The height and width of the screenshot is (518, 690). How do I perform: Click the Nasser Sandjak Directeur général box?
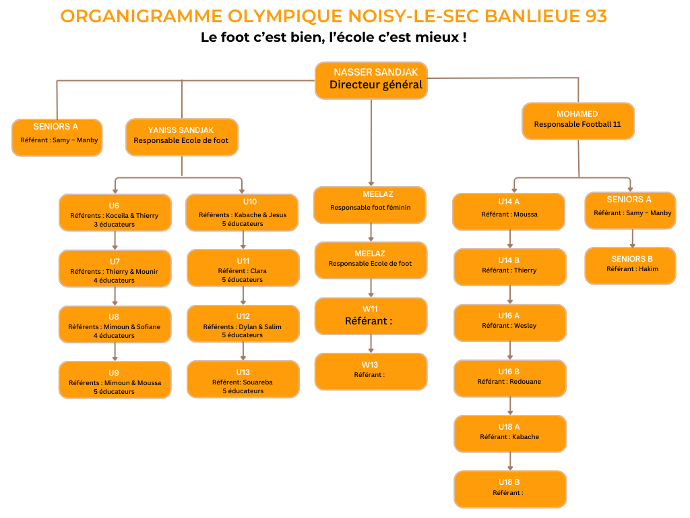click(x=371, y=80)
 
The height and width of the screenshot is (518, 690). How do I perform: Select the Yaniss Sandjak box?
click(x=181, y=136)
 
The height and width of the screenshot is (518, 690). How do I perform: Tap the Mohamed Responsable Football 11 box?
click(x=577, y=120)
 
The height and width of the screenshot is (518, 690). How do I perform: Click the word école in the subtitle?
click(x=348, y=38)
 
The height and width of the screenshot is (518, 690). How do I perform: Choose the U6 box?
click(x=115, y=212)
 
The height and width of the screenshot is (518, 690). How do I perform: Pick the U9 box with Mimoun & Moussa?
click(x=115, y=380)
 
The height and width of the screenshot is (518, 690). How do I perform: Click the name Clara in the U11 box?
click(x=259, y=271)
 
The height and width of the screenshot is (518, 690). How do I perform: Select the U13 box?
click(x=243, y=378)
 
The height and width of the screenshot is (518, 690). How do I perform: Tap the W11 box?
click(x=371, y=316)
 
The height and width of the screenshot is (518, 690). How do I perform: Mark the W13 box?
click(x=371, y=371)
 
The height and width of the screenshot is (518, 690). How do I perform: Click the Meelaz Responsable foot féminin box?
click(x=370, y=204)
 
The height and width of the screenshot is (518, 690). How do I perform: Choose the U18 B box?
click(x=509, y=488)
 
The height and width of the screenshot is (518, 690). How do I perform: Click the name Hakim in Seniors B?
click(x=648, y=269)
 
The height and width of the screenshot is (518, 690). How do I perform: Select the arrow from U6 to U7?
click(x=115, y=241)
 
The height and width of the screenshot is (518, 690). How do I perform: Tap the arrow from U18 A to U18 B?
click(x=509, y=461)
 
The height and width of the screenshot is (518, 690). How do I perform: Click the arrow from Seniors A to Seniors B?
click(x=631, y=238)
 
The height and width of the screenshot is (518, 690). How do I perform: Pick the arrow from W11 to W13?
click(x=371, y=344)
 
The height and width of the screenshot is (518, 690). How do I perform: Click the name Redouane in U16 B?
click(x=526, y=382)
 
